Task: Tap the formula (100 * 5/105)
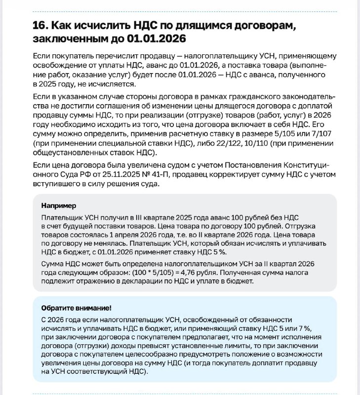tap(175, 272)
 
